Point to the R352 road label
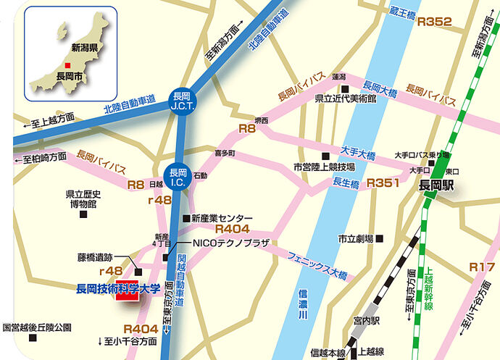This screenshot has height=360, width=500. [435, 22]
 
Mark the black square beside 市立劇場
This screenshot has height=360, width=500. [380, 238]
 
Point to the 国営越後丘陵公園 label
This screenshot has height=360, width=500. [37, 328]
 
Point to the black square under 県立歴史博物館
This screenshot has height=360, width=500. [83, 215]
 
